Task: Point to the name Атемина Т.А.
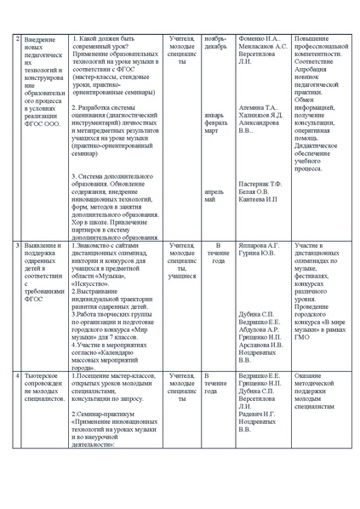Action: (259, 109)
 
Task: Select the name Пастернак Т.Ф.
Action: (260, 185)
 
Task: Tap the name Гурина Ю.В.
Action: (256, 254)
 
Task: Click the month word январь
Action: (215, 116)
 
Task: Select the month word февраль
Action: (216, 123)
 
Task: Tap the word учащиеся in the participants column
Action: (181, 277)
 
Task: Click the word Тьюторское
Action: (43, 375)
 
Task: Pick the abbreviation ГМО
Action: (301, 338)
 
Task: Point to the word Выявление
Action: (43, 246)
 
